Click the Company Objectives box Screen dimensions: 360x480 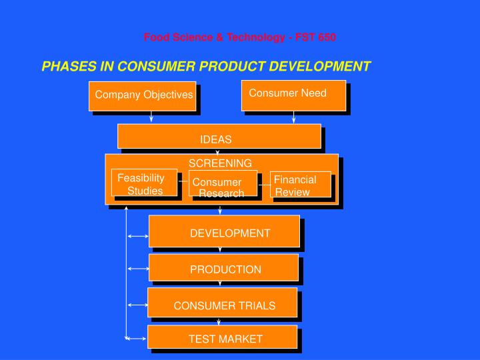(x=143, y=95)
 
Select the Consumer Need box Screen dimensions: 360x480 (x=293, y=94)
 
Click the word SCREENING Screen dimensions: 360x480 (x=220, y=163)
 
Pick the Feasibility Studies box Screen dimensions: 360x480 (x=144, y=183)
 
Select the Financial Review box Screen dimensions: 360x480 (x=300, y=185)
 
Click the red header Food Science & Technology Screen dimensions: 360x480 (x=240, y=37)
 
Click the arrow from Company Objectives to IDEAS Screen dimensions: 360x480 (x=151, y=117)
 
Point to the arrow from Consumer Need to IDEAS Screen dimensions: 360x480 (x=293, y=117)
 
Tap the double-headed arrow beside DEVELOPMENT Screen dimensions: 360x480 (x=138, y=235)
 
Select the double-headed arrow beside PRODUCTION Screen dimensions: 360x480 (x=138, y=269)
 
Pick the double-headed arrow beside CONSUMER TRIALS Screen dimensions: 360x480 (x=138, y=305)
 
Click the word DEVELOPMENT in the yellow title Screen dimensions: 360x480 (x=319, y=66)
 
